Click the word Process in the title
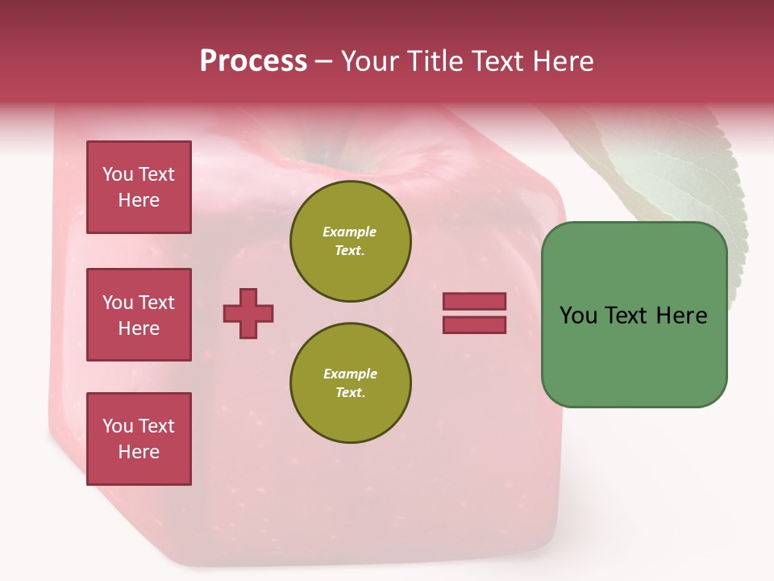point(253,61)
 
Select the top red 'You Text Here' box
point(139,187)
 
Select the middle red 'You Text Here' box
point(139,315)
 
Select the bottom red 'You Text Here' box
point(139,438)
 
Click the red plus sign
point(248,313)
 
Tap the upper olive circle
point(350,240)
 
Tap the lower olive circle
point(350,382)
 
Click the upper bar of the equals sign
point(474,302)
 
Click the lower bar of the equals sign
point(474,325)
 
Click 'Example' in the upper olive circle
point(350,232)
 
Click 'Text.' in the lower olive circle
point(350,392)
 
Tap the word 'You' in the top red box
point(118,174)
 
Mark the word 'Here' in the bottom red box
point(139,452)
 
